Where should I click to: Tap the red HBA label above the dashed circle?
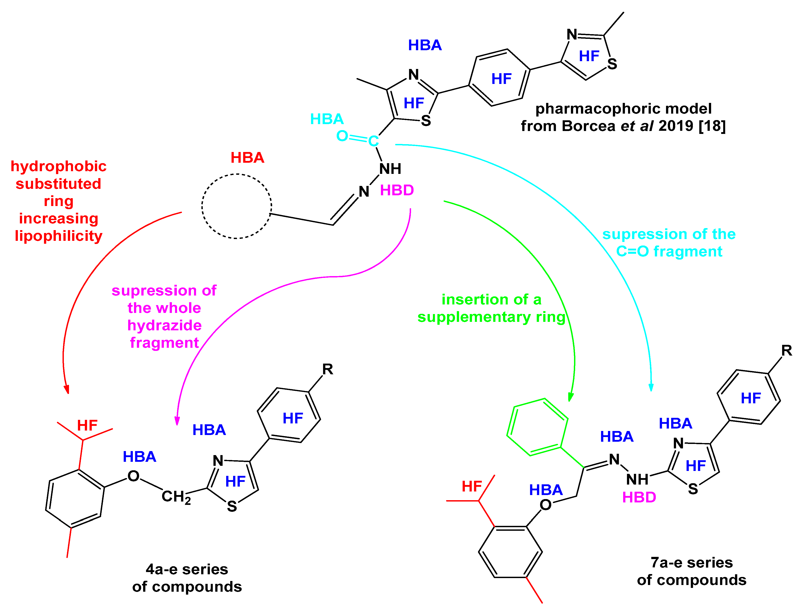pos(247,158)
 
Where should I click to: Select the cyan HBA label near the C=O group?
pos(327,119)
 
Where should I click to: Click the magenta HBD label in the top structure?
pos(397,190)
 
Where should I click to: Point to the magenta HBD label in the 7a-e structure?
pos(639,497)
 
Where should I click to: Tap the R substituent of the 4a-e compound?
pos(328,369)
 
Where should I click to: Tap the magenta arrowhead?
pos(177,421)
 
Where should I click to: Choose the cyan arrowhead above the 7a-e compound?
pos(651,387)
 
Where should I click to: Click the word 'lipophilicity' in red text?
pos(59,236)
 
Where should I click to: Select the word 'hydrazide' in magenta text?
pos(164,325)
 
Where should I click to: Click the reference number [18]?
pos(712,126)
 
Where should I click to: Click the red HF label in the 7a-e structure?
pos(472,486)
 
